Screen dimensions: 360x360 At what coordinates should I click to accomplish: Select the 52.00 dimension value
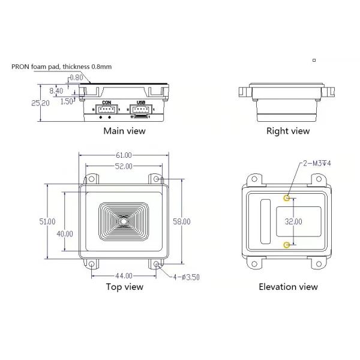coord(124,166)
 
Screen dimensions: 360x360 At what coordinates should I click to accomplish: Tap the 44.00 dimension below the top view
coord(124,275)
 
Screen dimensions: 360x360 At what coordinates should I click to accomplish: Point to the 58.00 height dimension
coord(181,221)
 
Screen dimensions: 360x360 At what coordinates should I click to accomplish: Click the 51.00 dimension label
coord(47,221)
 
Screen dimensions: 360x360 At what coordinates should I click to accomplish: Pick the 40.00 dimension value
coord(65,233)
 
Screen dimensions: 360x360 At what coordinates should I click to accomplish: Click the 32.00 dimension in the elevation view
coord(293,221)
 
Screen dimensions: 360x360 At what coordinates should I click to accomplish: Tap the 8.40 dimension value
coord(56,91)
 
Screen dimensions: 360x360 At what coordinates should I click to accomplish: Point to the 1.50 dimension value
coord(67,101)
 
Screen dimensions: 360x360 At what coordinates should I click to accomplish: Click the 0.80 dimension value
coord(76,77)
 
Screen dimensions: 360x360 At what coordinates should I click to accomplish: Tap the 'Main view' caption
coord(124,131)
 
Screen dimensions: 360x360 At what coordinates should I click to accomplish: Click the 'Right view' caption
coord(288,131)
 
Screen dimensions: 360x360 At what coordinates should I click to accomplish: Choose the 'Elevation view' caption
coord(288,287)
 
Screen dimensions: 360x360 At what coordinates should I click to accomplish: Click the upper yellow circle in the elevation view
coord(287,197)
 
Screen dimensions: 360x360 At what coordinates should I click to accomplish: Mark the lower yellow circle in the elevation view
coord(287,244)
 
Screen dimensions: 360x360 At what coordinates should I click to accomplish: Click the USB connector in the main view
coord(142,110)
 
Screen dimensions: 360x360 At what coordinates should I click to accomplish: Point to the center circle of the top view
coord(124,221)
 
